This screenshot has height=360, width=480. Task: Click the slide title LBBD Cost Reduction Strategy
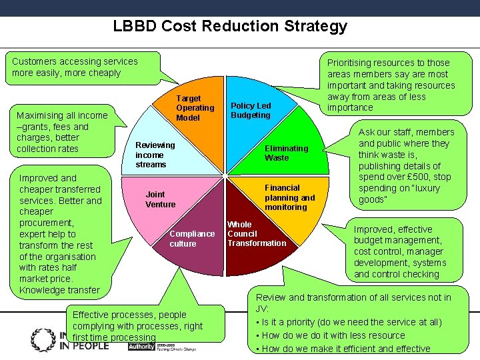(x=230, y=26)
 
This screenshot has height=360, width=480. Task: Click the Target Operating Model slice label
(x=195, y=108)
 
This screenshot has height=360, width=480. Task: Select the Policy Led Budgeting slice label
(x=251, y=111)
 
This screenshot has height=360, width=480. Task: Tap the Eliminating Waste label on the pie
(x=286, y=153)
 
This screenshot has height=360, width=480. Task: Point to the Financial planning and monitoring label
(x=289, y=197)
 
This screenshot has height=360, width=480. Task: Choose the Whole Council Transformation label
(x=256, y=234)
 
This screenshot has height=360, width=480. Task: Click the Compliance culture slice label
(x=192, y=239)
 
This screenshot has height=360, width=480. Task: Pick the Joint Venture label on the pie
(x=161, y=199)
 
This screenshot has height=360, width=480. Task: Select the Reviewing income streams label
(x=155, y=155)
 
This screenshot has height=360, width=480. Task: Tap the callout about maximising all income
(x=63, y=132)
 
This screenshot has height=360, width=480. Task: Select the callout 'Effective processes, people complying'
(x=137, y=325)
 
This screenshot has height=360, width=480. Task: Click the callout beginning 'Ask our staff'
(x=407, y=166)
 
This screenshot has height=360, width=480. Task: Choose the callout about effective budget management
(x=399, y=251)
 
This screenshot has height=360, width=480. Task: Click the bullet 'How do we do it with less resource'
(x=333, y=335)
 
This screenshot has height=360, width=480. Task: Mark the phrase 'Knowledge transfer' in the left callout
(x=59, y=290)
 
